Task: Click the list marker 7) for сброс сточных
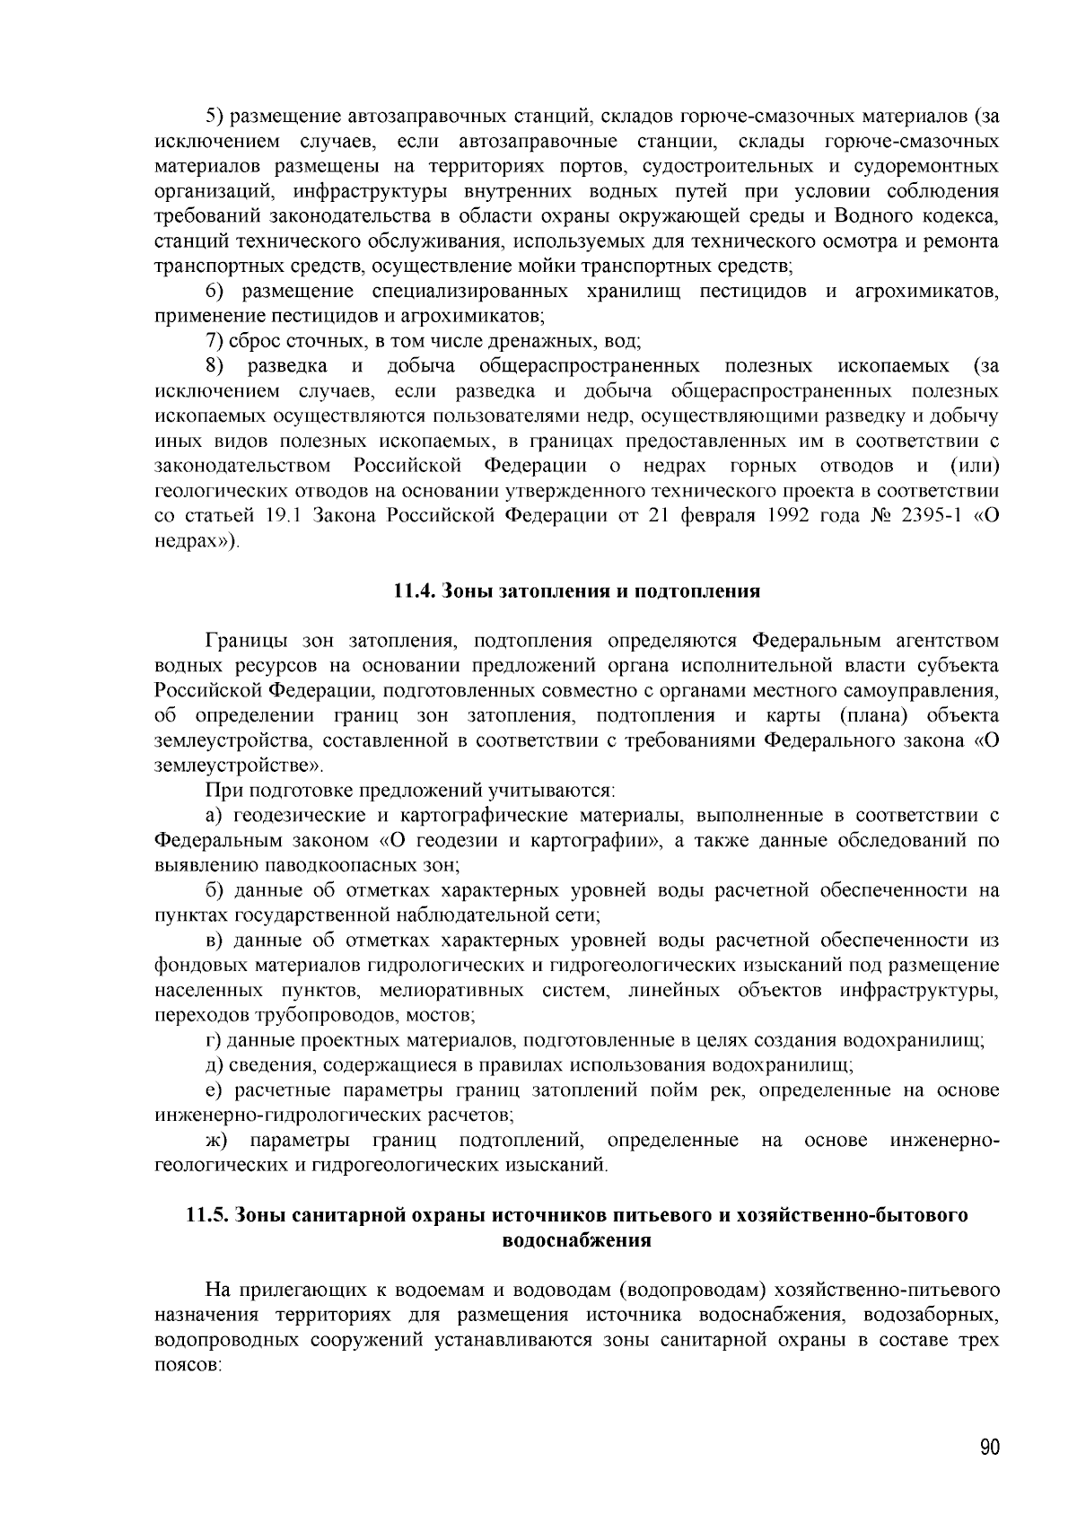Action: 215,341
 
